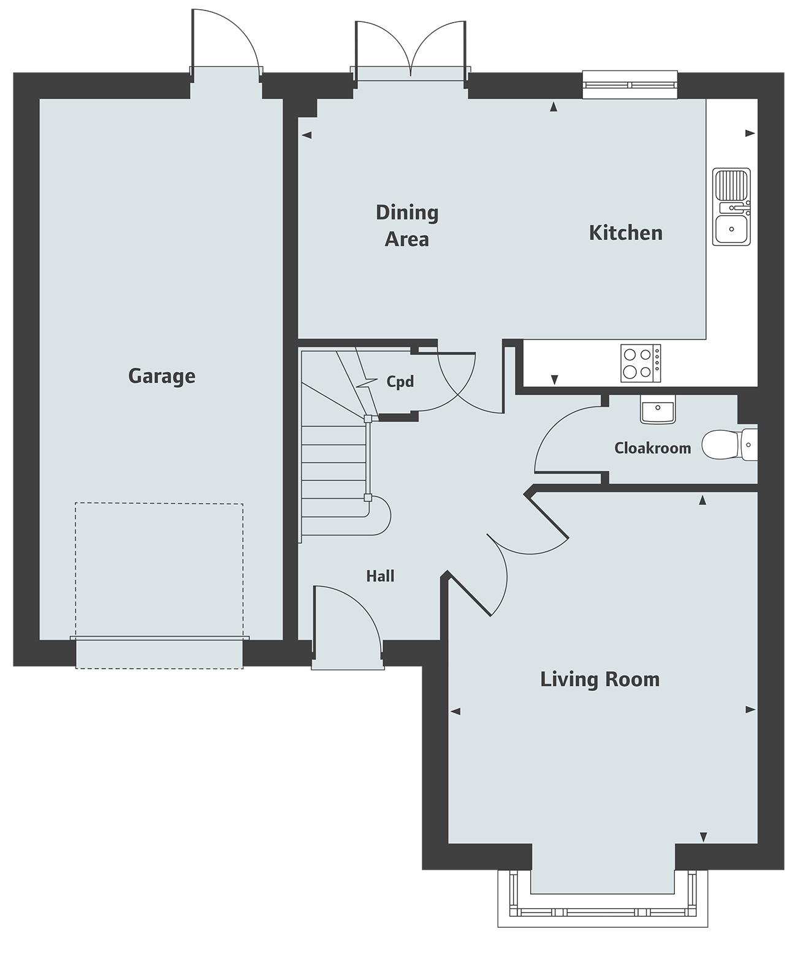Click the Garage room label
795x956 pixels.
coord(161,376)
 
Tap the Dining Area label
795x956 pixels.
coord(406,226)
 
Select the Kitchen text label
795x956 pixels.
coord(625,233)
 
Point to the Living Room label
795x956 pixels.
coord(599,679)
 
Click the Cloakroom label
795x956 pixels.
coord(652,448)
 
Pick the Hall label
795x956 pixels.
coord(380,576)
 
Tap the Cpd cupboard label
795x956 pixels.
coord(400,382)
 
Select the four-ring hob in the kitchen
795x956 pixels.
coord(641,363)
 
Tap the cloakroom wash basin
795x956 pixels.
coord(657,409)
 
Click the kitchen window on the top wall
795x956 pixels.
coord(630,85)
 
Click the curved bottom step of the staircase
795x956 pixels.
coord(377,515)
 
